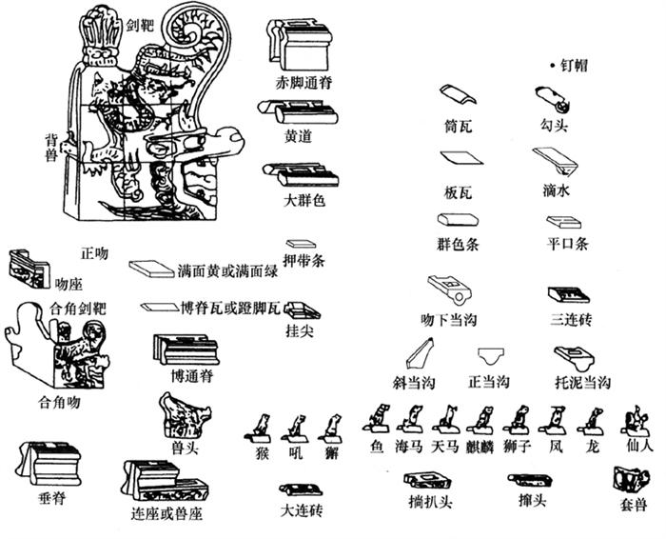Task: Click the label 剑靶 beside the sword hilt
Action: [x=141, y=26]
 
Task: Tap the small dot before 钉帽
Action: [x=552, y=66]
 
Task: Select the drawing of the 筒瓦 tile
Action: [x=458, y=94]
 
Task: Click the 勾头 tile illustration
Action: [x=553, y=99]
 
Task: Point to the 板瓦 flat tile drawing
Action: [x=461, y=158]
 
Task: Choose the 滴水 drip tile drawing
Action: [x=556, y=161]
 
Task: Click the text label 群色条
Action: [x=459, y=244]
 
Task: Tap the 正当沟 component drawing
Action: [x=491, y=356]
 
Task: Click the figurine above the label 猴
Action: [x=260, y=429]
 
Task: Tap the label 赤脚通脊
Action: [x=304, y=82]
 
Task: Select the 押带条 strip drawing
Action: [x=302, y=244]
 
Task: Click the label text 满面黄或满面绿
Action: [x=227, y=270]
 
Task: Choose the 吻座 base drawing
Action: [x=29, y=269]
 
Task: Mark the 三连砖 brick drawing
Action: [x=569, y=294]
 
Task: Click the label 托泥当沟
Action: [x=583, y=382]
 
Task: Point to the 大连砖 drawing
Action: [x=302, y=489]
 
